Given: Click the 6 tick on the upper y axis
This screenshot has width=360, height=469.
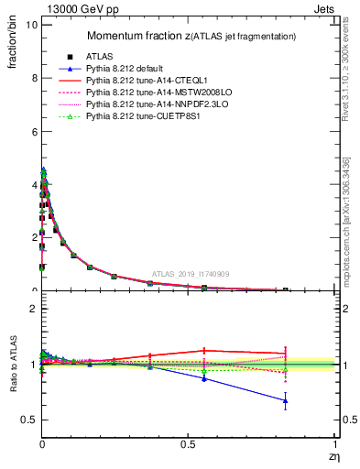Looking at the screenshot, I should pos(32,131).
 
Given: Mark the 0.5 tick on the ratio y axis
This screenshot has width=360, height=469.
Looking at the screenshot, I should pos(28,420).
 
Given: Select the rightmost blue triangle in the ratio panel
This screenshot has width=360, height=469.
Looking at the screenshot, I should pos(286,400).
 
